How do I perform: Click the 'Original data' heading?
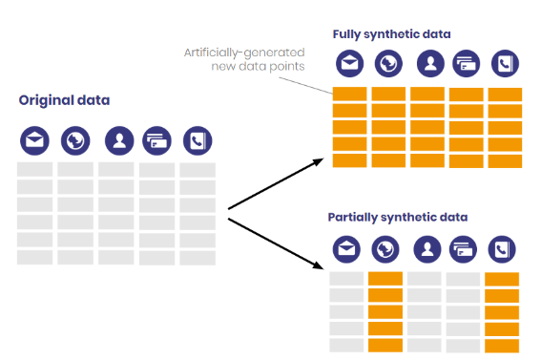point(64,100)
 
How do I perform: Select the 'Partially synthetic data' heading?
point(397,217)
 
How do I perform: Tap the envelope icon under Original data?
point(35,141)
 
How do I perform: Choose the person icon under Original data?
point(119,141)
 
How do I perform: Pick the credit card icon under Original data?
point(156,141)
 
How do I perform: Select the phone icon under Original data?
point(198,141)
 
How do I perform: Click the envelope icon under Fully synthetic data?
point(348,63)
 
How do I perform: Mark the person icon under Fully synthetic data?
point(430,63)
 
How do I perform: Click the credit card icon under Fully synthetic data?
point(466,63)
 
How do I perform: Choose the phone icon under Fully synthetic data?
point(504,63)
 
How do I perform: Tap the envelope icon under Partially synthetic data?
point(346,248)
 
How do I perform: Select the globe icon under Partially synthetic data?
point(384,248)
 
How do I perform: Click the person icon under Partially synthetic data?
point(427,248)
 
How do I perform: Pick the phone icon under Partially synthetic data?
point(501,249)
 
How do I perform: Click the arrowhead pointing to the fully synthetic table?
point(321,163)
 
